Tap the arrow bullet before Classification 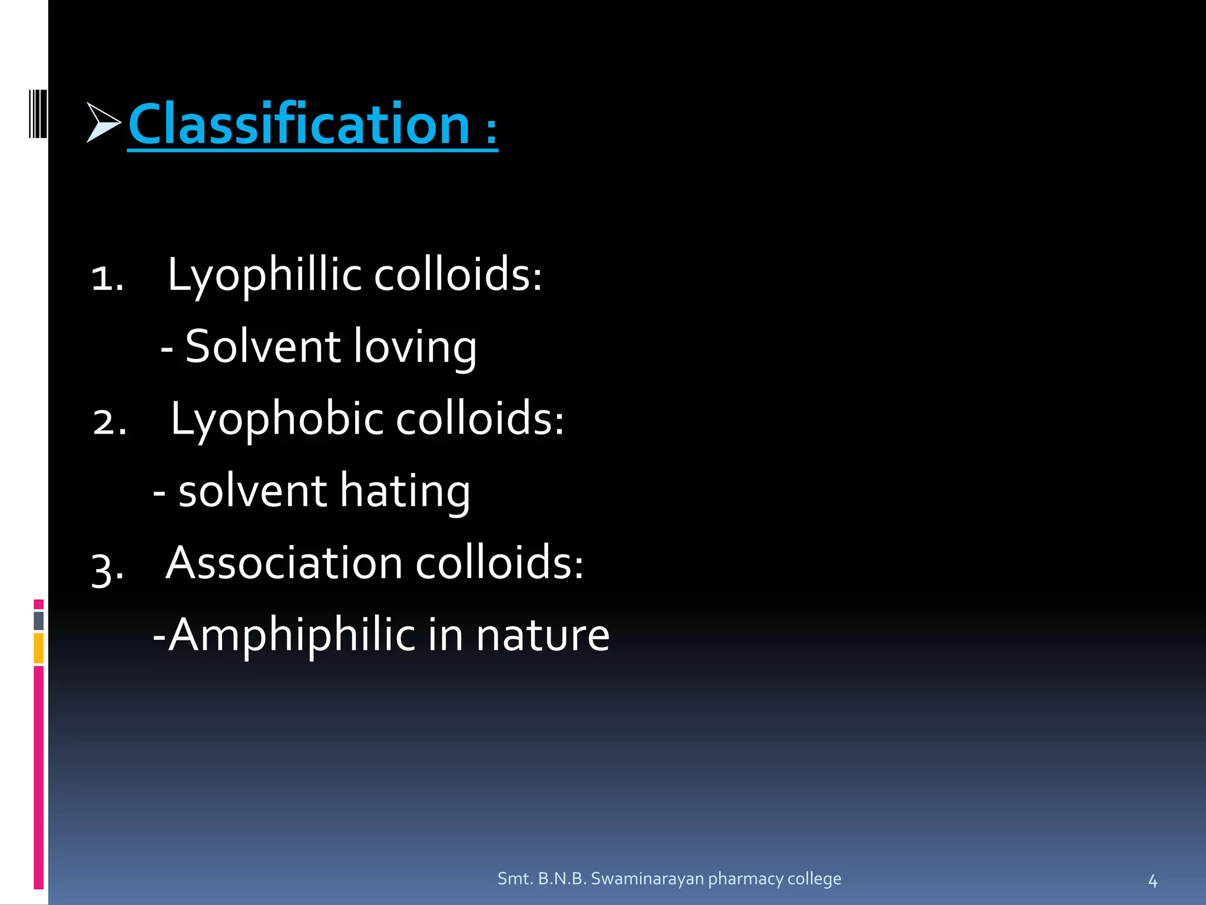102,123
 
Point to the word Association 284,563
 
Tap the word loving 415,348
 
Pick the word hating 405,491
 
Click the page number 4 1152,881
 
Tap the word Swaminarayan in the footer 647,878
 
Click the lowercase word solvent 252,491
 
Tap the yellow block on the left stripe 38,648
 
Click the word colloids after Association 499,563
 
